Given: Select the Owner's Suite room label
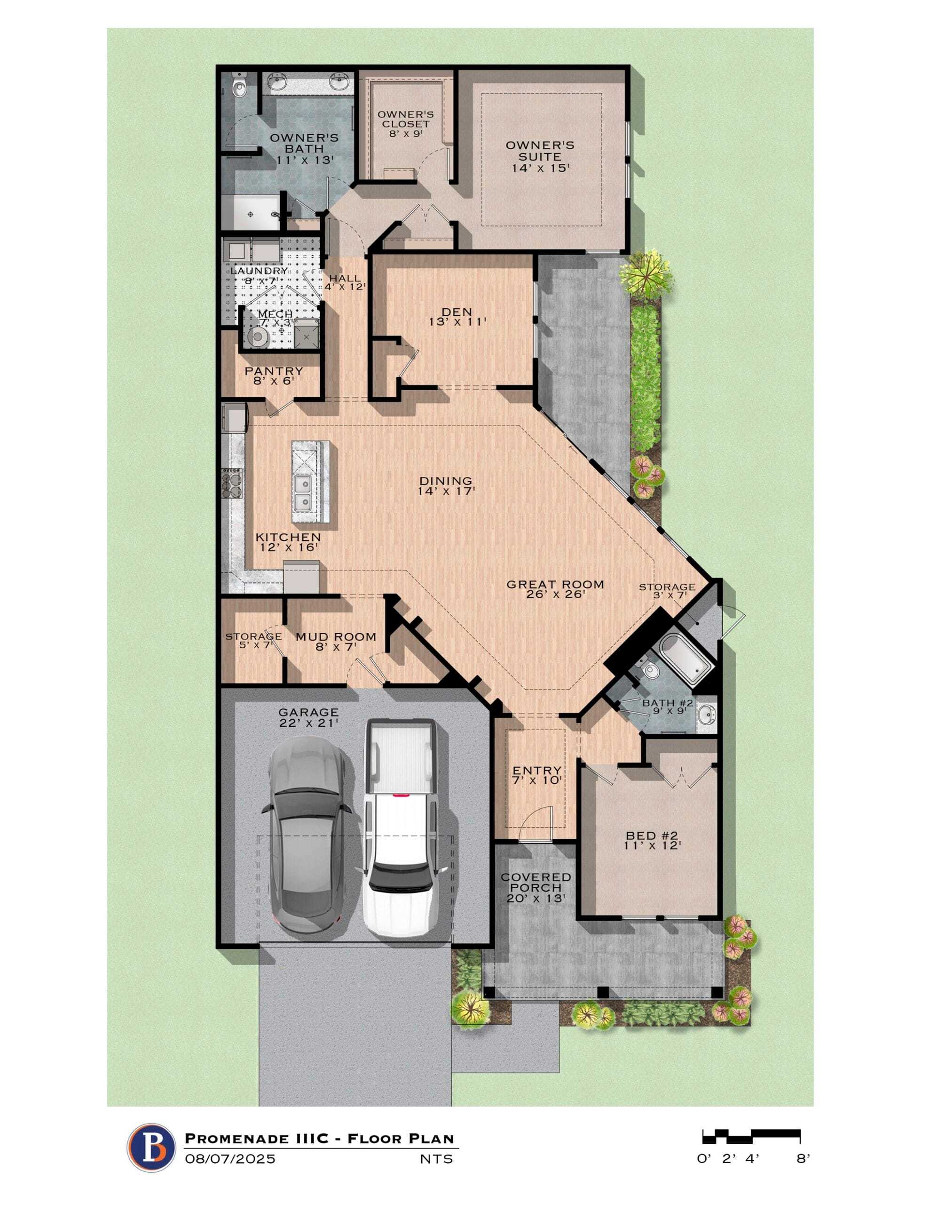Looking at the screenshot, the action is pyautogui.click(x=540, y=156).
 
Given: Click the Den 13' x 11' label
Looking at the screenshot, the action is pyautogui.click(x=457, y=316).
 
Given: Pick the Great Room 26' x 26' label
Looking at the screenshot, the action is pyautogui.click(x=555, y=589).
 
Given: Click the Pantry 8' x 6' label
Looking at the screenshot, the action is pyautogui.click(x=274, y=375).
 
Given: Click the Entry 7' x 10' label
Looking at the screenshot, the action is pyautogui.click(x=537, y=775).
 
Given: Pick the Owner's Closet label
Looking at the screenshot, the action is pyautogui.click(x=405, y=124).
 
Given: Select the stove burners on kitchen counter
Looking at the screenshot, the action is pyautogui.click(x=232, y=483).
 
